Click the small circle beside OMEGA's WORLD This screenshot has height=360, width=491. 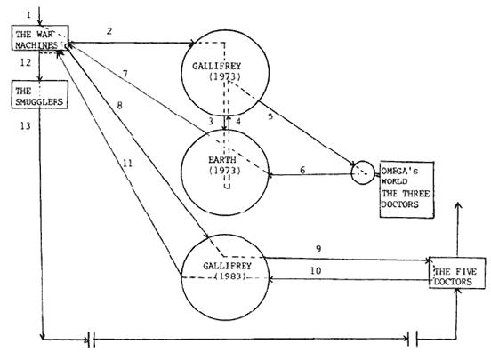(x=362, y=172)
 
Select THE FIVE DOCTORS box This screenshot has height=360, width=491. (x=457, y=275)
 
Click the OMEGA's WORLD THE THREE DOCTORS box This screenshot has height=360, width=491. (x=399, y=189)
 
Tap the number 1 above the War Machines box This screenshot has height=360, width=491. (x=28, y=14)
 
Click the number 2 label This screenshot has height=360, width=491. (x=109, y=32)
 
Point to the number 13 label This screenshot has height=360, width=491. (x=25, y=127)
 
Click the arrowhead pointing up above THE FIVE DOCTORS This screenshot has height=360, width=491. (x=457, y=206)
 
